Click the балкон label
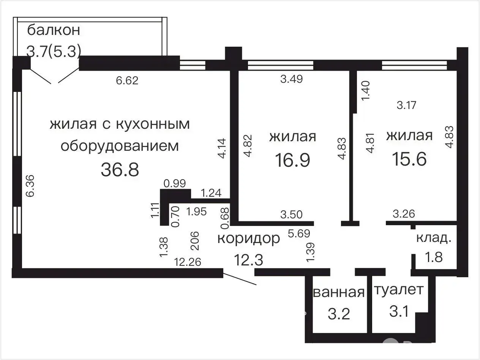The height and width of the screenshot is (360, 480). click(54, 30)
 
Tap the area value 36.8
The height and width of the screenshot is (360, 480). click(120, 170)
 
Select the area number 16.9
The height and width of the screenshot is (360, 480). click(292, 160)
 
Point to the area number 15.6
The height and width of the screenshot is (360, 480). click(409, 159)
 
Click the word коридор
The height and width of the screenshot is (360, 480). click(249, 239)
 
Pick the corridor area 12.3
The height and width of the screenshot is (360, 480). click(248, 260)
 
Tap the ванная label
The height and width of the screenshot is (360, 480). click(339, 292)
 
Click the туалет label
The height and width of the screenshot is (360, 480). click(399, 290)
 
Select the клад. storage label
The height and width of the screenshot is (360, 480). click(434, 238)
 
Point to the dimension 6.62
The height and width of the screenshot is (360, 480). click(127, 81)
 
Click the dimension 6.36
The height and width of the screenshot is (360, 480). click(30, 186)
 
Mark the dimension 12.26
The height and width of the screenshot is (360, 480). click(188, 262)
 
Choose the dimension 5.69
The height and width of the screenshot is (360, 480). click(299, 234)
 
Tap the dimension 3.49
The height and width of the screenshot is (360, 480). click(292, 79)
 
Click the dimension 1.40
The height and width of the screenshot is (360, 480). click(366, 91)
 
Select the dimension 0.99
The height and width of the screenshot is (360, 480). click(175, 183)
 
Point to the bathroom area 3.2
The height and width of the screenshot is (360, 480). click(339, 314)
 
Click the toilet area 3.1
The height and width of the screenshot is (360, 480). click(399, 311)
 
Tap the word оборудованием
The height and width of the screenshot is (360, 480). click(120, 146)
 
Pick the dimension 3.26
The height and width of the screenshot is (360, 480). click(404, 214)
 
